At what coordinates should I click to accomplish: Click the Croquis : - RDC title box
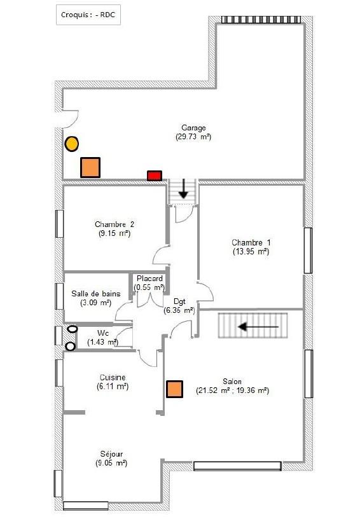click(88, 15)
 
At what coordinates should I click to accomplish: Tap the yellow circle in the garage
click(71, 144)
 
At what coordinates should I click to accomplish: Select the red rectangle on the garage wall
click(155, 176)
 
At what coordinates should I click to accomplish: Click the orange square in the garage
click(90, 167)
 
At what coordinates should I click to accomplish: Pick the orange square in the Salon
click(174, 389)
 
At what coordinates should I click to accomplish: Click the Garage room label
click(193, 128)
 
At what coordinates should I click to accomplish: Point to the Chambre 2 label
click(114, 224)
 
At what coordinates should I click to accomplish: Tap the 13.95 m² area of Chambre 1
click(251, 252)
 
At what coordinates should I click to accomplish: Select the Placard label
click(149, 279)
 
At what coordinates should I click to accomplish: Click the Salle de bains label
click(96, 293)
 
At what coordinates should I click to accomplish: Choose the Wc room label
click(103, 333)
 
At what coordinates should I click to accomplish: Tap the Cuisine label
click(113, 377)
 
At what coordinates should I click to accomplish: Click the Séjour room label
click(111, 454)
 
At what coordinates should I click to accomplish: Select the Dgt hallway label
click(179, 301)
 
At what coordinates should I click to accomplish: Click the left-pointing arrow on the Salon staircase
click(258, 327)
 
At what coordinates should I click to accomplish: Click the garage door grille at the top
click(261, 20)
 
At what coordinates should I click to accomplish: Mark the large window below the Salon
click(237, 466)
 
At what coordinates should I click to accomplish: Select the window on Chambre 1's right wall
click(308, 251)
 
